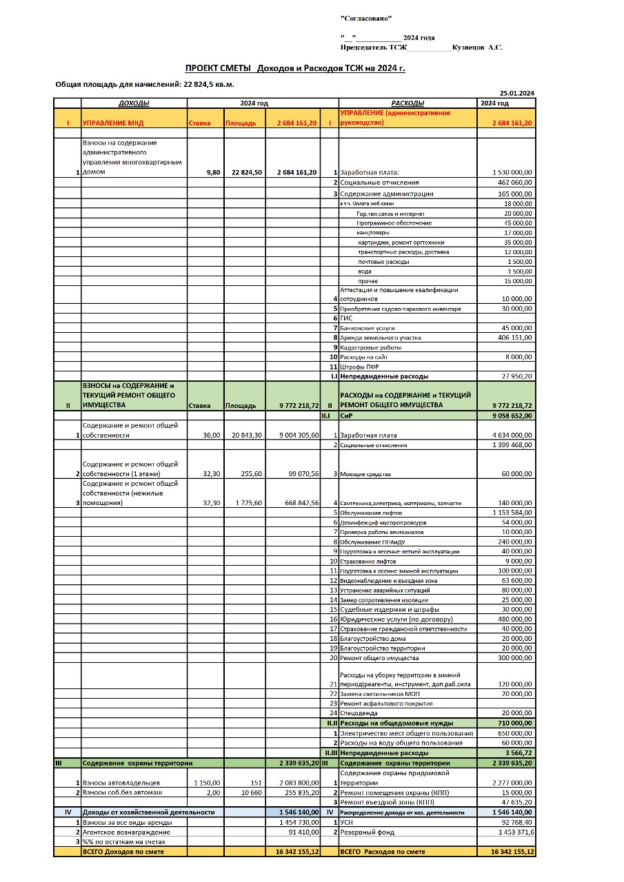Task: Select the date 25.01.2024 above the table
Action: point(517,93)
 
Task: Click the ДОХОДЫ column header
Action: point(134,103)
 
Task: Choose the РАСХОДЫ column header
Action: point(407,103)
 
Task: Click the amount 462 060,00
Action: point(514,183)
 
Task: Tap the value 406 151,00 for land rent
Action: point(514,338)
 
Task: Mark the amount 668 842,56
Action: point(299,503)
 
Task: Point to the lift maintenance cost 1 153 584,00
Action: point(512,513)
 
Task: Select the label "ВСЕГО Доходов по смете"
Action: point(124,852)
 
